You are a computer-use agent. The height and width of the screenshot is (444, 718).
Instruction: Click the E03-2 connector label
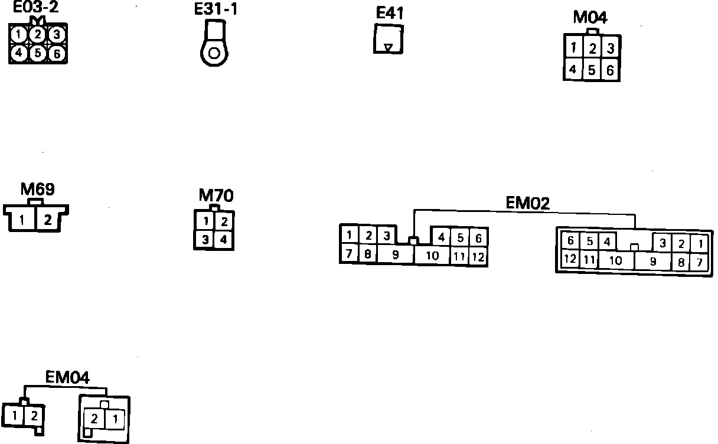(35, 8)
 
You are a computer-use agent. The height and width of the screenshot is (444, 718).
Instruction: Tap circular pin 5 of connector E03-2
(37, 53)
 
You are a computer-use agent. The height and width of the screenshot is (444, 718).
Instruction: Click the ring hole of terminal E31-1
(214, 54)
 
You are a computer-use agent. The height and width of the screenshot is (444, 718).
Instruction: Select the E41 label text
(390, 14)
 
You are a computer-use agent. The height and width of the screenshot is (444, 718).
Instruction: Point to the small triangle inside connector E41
(388, 47)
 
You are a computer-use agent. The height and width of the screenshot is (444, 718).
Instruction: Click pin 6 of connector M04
(610, 71)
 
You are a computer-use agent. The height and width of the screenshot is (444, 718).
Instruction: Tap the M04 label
(590, 18)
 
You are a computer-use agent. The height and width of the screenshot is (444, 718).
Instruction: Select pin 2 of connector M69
(47, 220)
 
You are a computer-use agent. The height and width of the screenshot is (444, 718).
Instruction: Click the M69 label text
(37, 190)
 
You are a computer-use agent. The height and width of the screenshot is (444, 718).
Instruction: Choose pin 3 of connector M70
(205, 240)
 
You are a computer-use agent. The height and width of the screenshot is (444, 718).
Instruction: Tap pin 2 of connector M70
(224, 222)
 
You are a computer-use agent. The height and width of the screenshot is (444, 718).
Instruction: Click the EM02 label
(528, 203)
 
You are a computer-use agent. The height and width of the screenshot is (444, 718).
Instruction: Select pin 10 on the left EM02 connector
(432, 256)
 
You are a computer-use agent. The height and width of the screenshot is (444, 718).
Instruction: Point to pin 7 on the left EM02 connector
(349, 254)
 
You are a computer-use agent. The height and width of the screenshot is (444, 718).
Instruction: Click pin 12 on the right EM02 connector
(570, 259)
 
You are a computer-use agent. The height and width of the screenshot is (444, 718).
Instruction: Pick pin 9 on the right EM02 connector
(653, 261)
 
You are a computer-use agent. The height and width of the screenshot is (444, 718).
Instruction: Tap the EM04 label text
(67, 377)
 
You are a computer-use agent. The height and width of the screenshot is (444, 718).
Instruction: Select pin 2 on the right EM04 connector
(94, 419)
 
